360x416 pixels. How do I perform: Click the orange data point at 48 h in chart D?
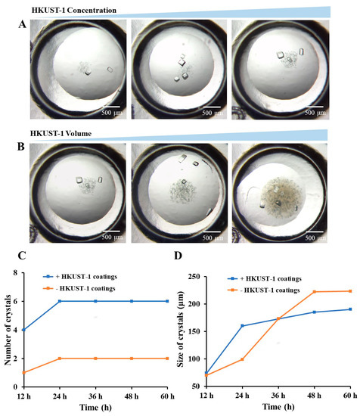click(x=313, y=292)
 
